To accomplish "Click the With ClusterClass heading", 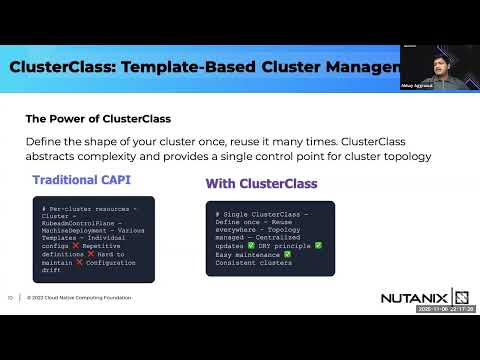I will (261, 184).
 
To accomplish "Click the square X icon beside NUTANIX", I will (461, 297).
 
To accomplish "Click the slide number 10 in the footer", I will (10, 297).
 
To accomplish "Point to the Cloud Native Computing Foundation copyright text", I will (79, 297).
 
